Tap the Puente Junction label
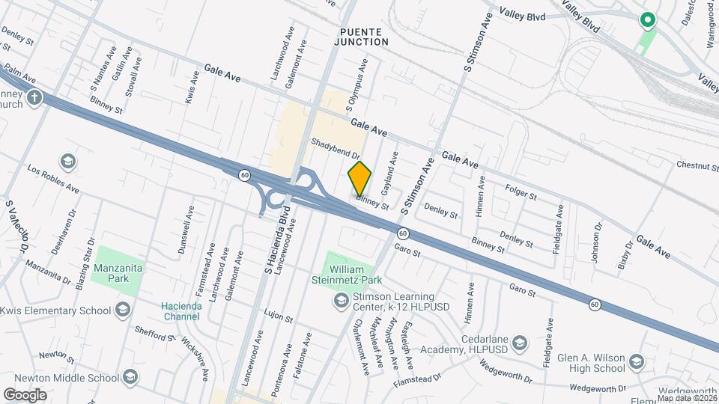tap(364, 37)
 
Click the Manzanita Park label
tap(118, 272)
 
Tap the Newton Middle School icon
tap(131, 376)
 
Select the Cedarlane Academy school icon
tap(521, 343)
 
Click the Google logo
tap(25, 394)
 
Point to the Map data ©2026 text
tap(686, 398)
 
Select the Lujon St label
tap(278, 319)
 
